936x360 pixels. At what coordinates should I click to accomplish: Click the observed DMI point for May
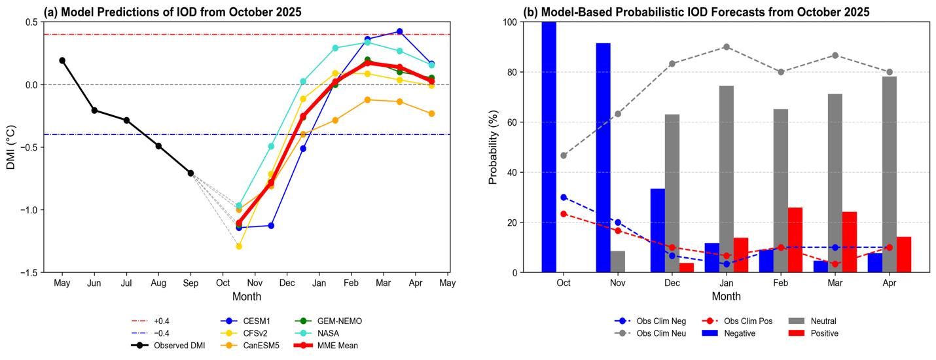(62, 60)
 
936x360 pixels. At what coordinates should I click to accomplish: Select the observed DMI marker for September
(190, 173)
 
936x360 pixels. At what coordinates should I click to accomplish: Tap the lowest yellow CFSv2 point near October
(239, 246)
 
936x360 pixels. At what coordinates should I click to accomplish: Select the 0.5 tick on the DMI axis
(30, 22)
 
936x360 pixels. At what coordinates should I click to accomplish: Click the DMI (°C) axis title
(11, 147)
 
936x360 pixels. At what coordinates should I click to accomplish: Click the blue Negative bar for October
(549, 147)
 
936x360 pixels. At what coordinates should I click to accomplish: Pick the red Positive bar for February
(795, 240)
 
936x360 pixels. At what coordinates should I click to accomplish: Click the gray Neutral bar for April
(890, 174)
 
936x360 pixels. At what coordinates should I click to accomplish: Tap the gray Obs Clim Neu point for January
(727, 47)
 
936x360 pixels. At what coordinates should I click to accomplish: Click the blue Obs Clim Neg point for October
(564, 197)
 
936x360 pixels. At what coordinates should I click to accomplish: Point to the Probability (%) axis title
(494, 147)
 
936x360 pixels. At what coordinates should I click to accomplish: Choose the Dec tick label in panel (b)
(672, 283)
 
